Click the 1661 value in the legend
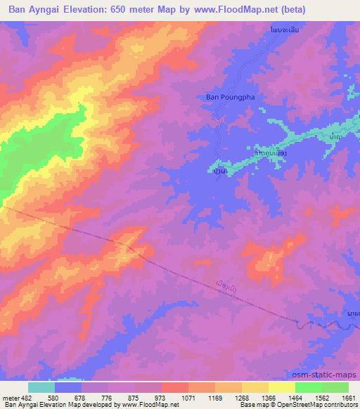[x=348, y=396]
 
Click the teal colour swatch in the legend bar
[x=41, y=387]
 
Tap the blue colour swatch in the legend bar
[x=68, y=387]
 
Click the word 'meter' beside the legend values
[x=9, y=396]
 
